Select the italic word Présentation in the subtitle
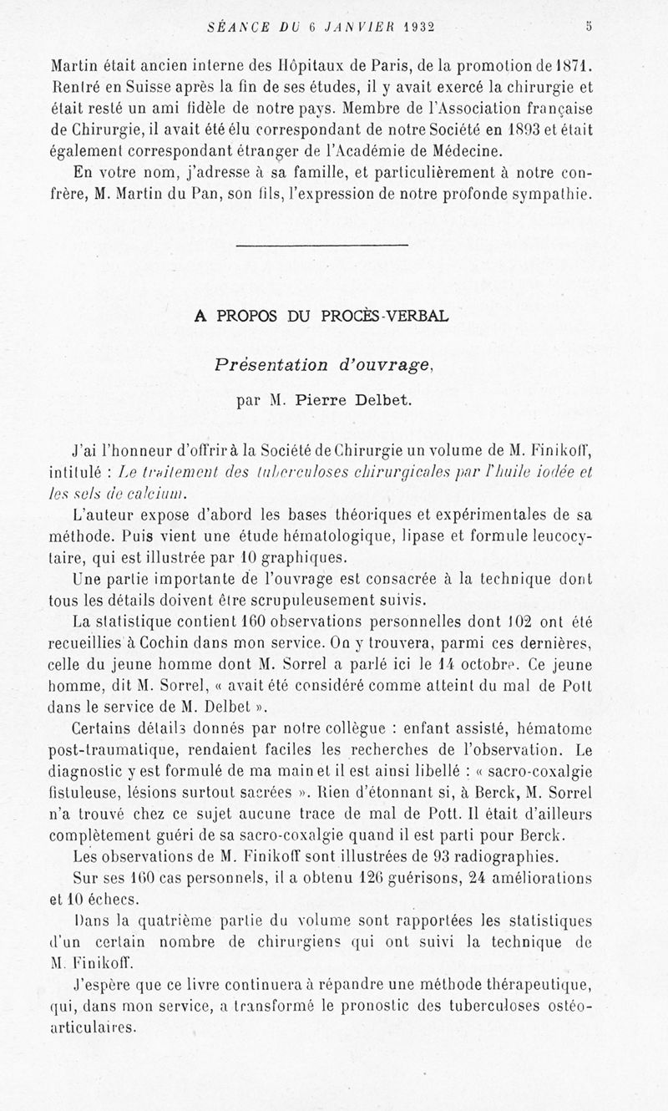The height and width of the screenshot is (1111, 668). (x=272, y=364)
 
